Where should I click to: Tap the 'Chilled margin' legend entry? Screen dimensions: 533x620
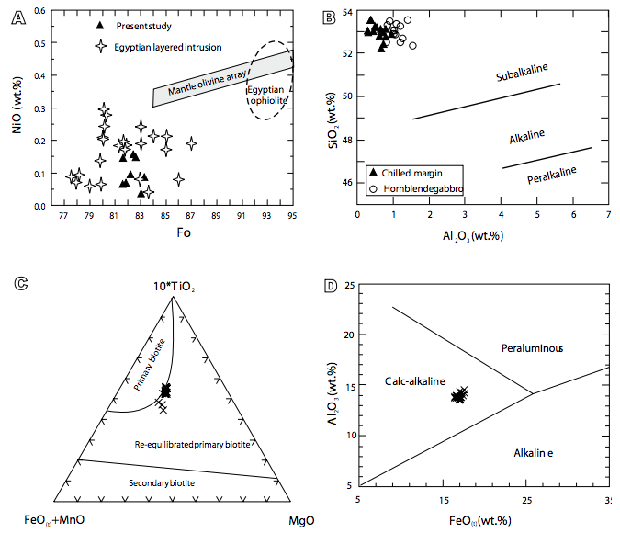(409, 172)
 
